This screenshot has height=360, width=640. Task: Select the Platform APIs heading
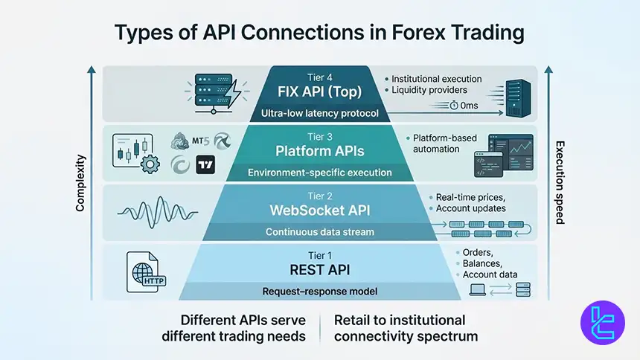(320, 151)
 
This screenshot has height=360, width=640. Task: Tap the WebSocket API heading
(320, 210)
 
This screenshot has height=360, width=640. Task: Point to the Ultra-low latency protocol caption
(320, 114)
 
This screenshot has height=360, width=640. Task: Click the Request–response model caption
(320, 291)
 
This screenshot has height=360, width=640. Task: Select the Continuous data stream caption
(320, 231)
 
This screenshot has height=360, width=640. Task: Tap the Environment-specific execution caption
(320, 173)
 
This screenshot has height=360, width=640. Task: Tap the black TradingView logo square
(205, 165)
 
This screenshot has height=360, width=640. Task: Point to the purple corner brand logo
(602, 324)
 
